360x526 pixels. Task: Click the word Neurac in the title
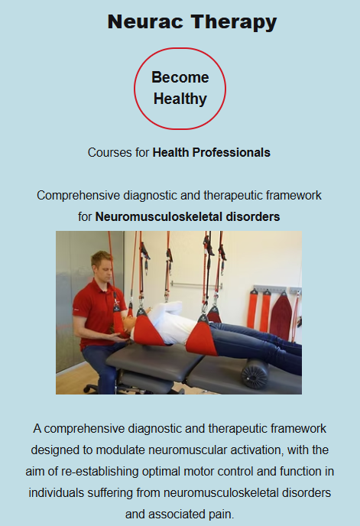145,21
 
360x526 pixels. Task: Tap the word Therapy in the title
234,22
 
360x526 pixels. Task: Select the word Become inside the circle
180,77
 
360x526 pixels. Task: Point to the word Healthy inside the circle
180,99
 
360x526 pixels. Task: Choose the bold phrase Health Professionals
212,153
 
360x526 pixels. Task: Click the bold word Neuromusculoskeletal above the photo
159,216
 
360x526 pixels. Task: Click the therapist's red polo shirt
96,313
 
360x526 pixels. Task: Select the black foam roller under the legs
255,374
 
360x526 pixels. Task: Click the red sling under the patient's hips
203,338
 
